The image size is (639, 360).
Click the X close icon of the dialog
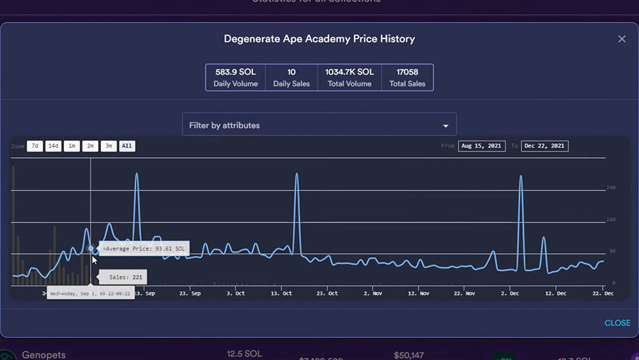[x=622, y=39]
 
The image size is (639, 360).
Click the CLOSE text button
[x=617, y=323]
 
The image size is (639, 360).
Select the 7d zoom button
[x=35, y=146]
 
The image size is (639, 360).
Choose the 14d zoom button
[x=53, y=146]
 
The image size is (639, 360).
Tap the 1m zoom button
[x=72, y=146]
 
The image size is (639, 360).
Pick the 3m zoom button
[x=109, y=146]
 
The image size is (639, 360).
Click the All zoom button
[x=127, y=146]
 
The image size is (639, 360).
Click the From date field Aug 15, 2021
[x=481, y=146]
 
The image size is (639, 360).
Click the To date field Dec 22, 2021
[x=544, y=146]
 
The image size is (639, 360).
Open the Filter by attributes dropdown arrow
[x=446, y=125]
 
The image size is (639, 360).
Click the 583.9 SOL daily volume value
[x=235, y=72]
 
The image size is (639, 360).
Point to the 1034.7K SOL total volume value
[x=349, y=72]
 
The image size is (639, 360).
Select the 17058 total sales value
[x=407, y=72]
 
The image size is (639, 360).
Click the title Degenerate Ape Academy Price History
[x=319, y=39]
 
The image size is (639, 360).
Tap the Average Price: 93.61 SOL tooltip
[x=144, y=249]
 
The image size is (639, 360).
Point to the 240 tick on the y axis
[x=610, y=187]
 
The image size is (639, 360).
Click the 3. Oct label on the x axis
[x=236, y=293]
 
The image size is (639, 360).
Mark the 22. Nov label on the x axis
[x=466, y=293]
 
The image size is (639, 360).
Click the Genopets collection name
[x=43, y=355]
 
